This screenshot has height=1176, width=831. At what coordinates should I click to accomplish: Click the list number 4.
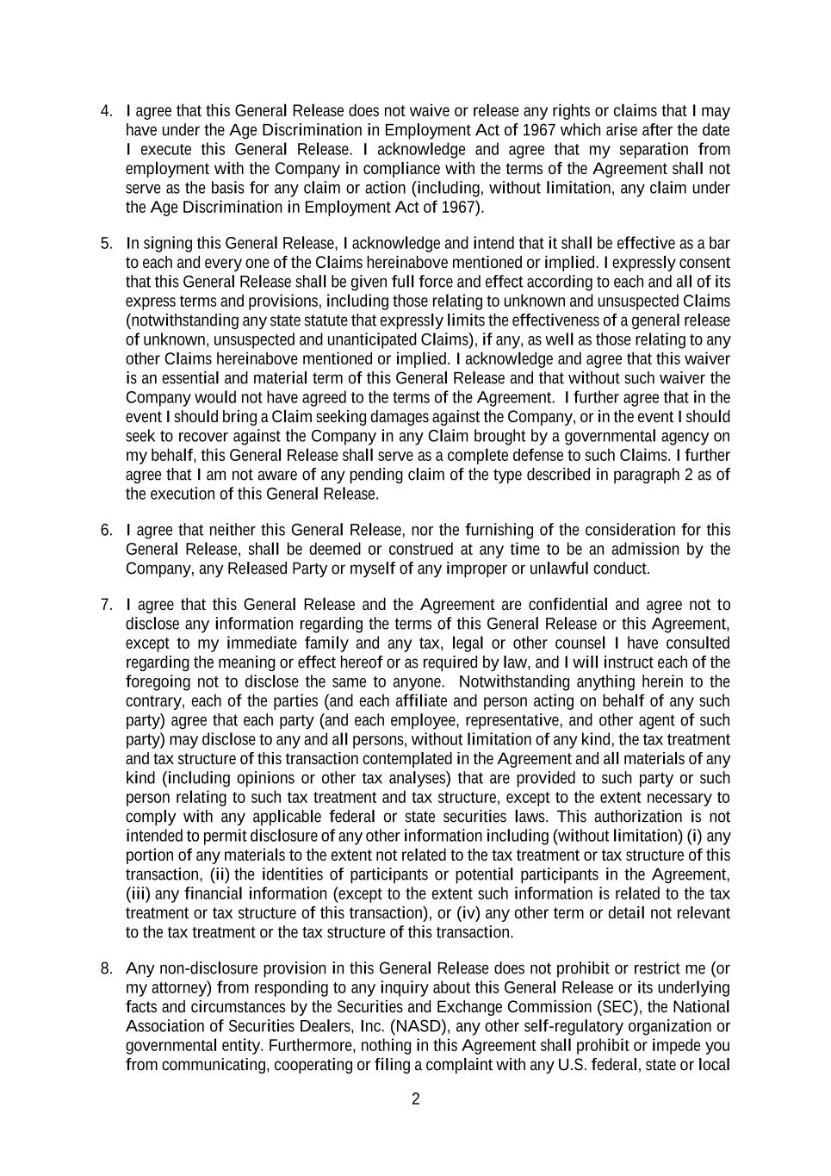[106, 111]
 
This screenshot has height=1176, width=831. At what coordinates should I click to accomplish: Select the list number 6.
[106, 530]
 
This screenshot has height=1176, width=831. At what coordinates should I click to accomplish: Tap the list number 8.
[106, 968]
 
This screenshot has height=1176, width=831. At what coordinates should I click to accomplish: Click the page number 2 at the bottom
[416, 1098]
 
